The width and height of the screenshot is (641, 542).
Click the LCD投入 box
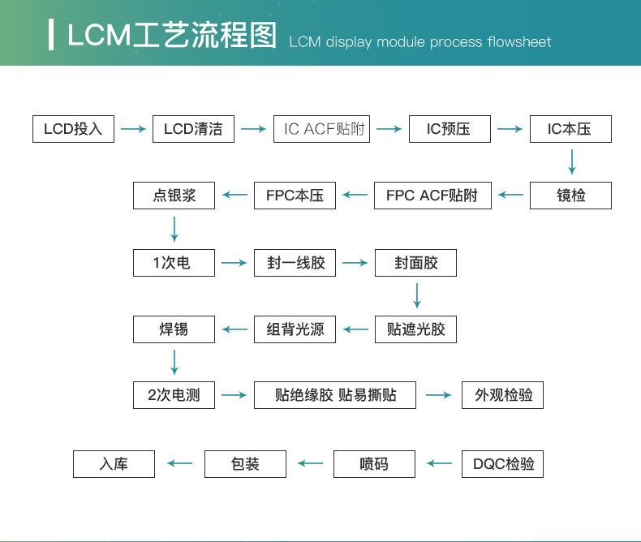(73, 129)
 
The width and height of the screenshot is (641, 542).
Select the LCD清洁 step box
(193, 129)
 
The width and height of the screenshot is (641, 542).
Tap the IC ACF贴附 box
(321, 129)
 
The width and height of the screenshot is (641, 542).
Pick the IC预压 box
(449, 129)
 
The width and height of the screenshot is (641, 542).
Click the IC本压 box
(570, 129)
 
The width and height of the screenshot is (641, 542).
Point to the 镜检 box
(570, 196)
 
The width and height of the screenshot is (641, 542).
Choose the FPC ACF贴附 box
(432, 196)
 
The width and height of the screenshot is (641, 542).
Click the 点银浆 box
(174, 196)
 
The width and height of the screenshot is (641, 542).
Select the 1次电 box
(174, 263)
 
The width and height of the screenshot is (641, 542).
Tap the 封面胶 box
(415, 263)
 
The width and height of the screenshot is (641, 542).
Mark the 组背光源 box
(295, 329)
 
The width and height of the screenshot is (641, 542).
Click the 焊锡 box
(174, 329)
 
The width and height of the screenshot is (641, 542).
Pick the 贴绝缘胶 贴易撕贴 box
(335, 395)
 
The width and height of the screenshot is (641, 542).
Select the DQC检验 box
(503, 464)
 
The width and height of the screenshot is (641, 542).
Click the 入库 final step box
(114, 464)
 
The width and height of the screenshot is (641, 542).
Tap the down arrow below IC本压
(572, 162)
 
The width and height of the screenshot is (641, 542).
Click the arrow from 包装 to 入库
(180, 464)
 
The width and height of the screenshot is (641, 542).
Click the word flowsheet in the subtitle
(519, 41)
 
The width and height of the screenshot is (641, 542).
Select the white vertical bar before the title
(52, 35)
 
